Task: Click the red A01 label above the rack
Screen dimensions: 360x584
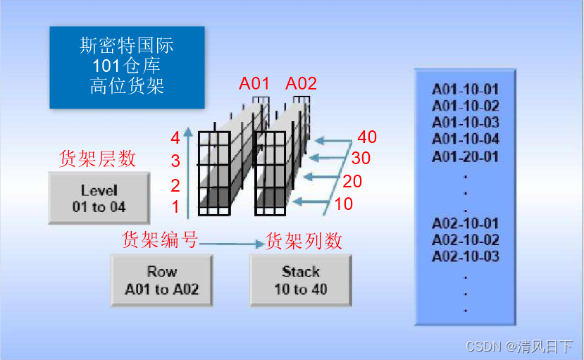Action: click(x=254, y=84)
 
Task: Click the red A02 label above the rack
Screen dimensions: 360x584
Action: click(x=302, y=84)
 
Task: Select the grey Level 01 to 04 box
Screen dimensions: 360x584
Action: click(x=99, y=199)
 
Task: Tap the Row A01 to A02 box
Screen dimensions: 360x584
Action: click(x=161, y=280)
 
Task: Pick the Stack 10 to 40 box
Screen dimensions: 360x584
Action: click(x=301, y=280)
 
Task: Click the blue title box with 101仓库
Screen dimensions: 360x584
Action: click(x=127, y=67)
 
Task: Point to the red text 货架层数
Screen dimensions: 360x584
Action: click(x=97, y=159)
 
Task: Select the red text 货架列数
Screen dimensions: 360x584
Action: click(x=304, y=241)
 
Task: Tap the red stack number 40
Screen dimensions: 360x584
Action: click(x=367, y=137)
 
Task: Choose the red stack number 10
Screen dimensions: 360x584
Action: click(x=343, y=204)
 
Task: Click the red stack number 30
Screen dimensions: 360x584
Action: click(x=361, y=159)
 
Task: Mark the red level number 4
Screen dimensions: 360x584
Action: click(x=175, y=138)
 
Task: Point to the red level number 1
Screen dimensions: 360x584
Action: click(x=175, y=207)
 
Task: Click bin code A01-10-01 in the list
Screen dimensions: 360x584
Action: click(x=465, y=90)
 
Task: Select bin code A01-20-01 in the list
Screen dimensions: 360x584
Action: click(x=465, y=156)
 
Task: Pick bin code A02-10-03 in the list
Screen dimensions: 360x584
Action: click(x=465, y=256)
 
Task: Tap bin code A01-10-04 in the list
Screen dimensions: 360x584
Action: click(x=465, y=139)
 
